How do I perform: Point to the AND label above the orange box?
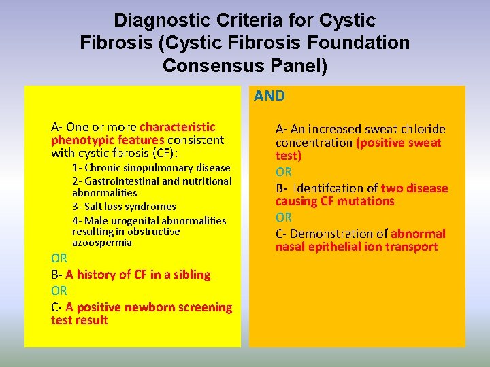coord(269,96)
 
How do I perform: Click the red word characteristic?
coord(177,127)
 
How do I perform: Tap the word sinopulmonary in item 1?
coord(159,168)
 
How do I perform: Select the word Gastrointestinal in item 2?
coord(120,181)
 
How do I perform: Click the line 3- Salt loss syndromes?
coord(124,207)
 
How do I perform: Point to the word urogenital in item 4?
coord(140,221)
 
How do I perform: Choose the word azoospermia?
coord(102,243)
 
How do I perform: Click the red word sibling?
coord(191,275)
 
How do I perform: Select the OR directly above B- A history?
coord(59,258)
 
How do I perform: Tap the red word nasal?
coord(291,247)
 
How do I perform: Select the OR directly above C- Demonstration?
coord(284,217)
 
